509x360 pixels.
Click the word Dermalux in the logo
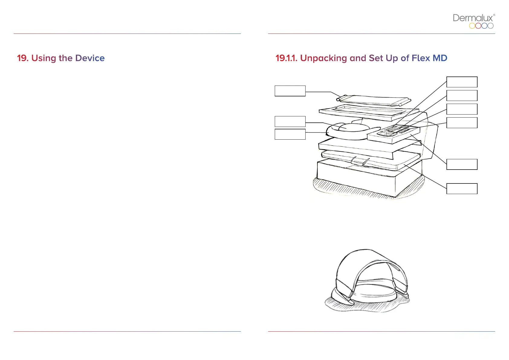tap(473, 18)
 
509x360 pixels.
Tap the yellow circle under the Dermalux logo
tap(472, 26)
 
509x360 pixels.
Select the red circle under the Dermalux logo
tap(478, 26)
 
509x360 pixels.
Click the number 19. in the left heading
tap(23, 58)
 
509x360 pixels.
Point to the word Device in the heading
tap(90, 58)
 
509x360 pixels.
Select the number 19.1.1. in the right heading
tap(286, 58)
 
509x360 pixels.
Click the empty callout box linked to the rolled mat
tap(290, 91)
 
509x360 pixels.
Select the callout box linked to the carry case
tap(462, 189)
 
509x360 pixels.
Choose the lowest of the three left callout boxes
tap(290, 134)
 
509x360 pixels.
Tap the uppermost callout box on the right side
tap(462, 82)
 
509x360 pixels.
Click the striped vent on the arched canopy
tap(395, 267)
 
